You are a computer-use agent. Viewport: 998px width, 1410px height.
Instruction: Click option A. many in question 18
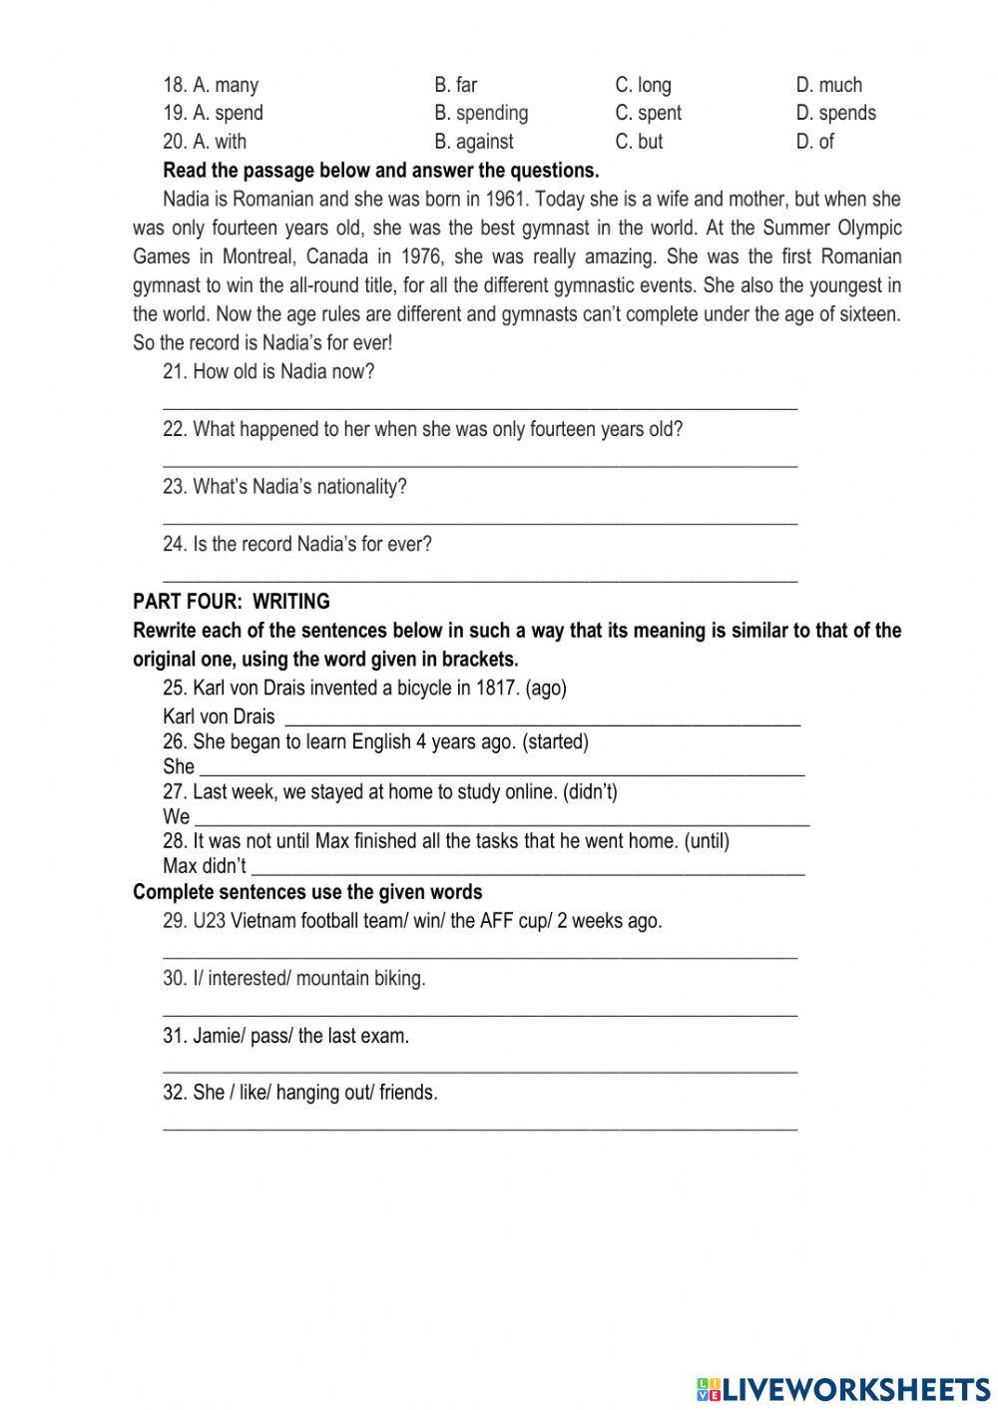click(x=211, y=85)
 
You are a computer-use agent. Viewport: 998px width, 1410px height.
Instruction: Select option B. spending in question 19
click(x=481, y=113)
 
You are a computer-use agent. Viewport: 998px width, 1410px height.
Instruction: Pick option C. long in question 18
click(x=643, y=85)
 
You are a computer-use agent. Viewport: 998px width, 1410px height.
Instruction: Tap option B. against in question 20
click(x=474, y=142)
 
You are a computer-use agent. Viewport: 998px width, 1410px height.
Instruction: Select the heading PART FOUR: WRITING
click(x=231, y=602)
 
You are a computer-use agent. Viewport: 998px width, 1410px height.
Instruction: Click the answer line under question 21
click(x=479, y=404)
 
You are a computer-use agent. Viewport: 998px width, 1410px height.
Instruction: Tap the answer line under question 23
click(x=479, y=520)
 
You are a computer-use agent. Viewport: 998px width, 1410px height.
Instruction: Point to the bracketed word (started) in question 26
click(x=555, y=741)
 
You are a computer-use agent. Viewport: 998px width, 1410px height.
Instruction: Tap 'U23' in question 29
click(x=209, y=921)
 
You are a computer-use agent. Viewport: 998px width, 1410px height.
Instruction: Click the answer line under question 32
click(x=479, y=1127)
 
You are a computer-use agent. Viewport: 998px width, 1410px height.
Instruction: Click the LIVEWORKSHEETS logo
click(x=843, y=1388)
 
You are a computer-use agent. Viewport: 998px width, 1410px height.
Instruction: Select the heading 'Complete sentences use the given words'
click(x=307, y=892)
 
